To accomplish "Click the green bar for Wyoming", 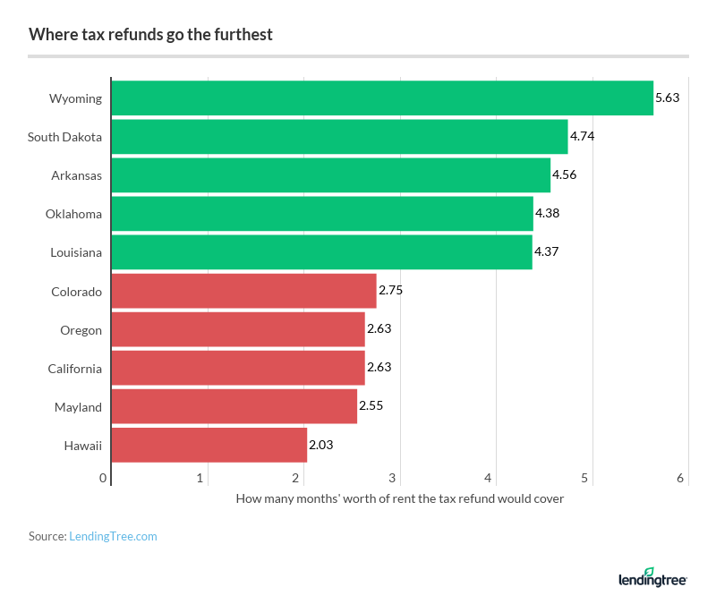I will [x=382, y=98].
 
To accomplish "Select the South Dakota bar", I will [x=339, y=137].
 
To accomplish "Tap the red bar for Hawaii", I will [x=209, y=445].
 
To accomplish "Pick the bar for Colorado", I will [x=243, y=291].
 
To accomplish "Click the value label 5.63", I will [x=667, y=98].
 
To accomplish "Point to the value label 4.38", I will [x=547, y=214].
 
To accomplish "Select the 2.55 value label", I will [x=371, y=406].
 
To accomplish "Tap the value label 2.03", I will [x=321, y=445].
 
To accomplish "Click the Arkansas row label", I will [x=76, y=175].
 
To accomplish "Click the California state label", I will [x=74, y=369].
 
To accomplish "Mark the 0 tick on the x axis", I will [x=104, y=479].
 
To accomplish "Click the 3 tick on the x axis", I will [x=393, y=479].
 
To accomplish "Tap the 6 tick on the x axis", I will [x=680, y=479].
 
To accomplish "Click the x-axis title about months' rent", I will [x=399, y=498].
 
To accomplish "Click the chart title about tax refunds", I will [x=150, y=35].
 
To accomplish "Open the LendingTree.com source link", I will [x=113, y=536].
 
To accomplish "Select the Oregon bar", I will [x=238, y=329].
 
